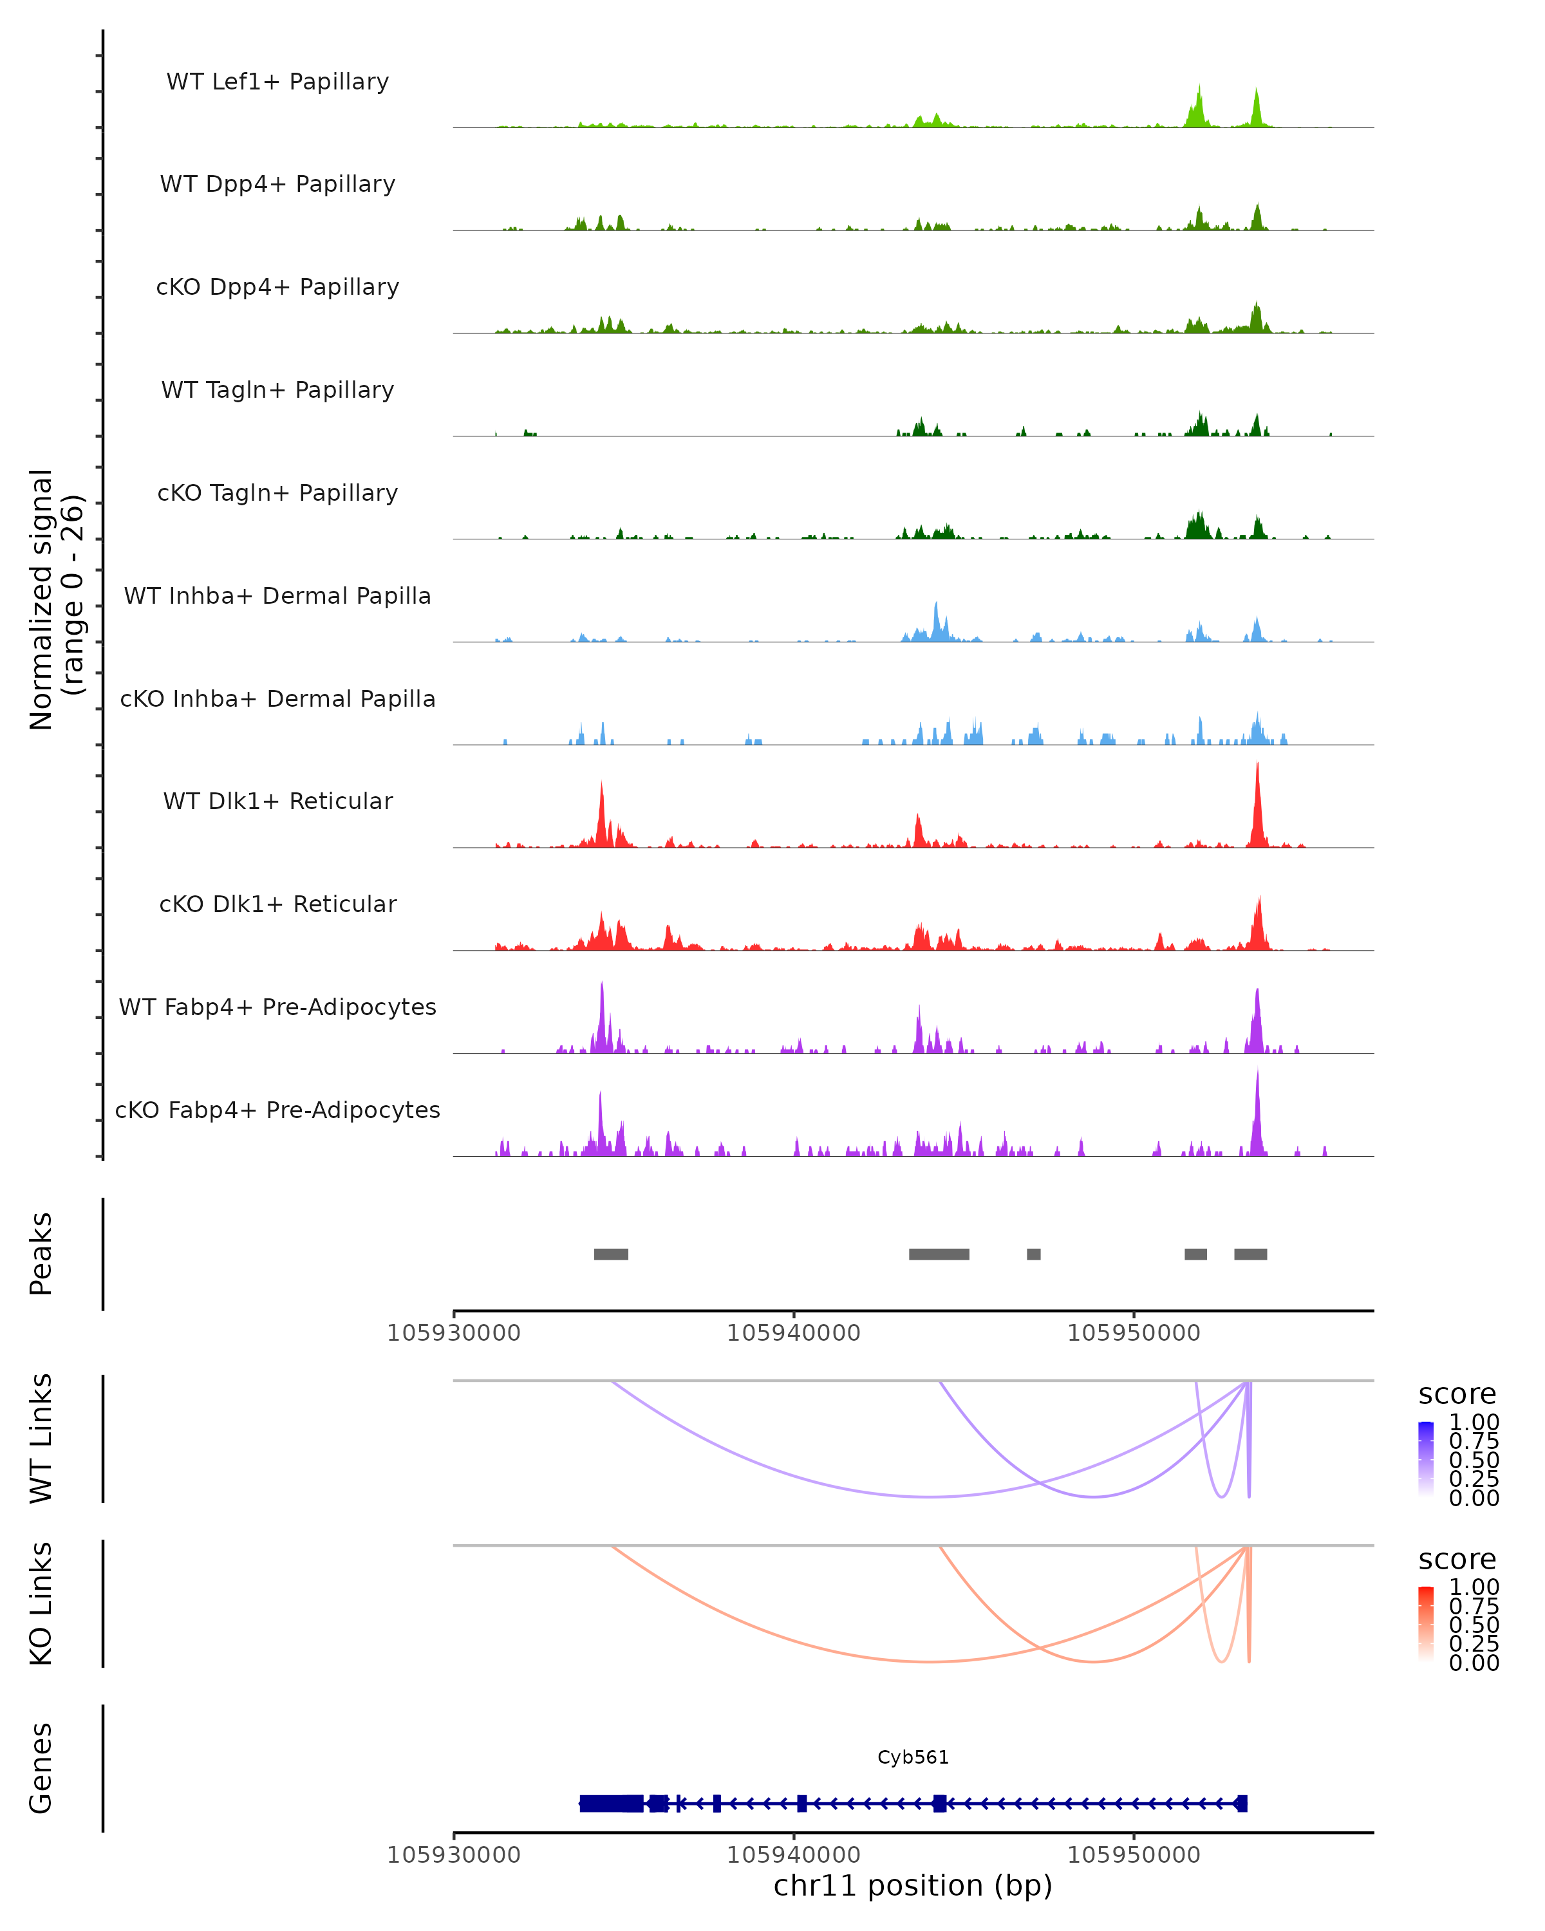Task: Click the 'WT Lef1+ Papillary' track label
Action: [277, 82]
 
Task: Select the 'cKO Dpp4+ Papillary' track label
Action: [277, 288]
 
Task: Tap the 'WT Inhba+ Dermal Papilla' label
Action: [277, 597]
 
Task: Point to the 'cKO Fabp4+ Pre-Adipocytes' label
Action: [277, 1110]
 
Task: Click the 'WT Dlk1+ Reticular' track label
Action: [277, 801]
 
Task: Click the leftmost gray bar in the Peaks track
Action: [611, 1254]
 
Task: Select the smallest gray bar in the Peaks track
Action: [1034, 1254]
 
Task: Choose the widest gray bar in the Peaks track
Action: [939, 1254]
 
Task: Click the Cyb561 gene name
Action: [913, 1757]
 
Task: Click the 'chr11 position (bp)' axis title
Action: [913, 1885]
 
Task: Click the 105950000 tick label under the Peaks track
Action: [1133, 1333]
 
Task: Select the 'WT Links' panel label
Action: [41, 1437]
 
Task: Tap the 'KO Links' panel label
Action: [41, 1603]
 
